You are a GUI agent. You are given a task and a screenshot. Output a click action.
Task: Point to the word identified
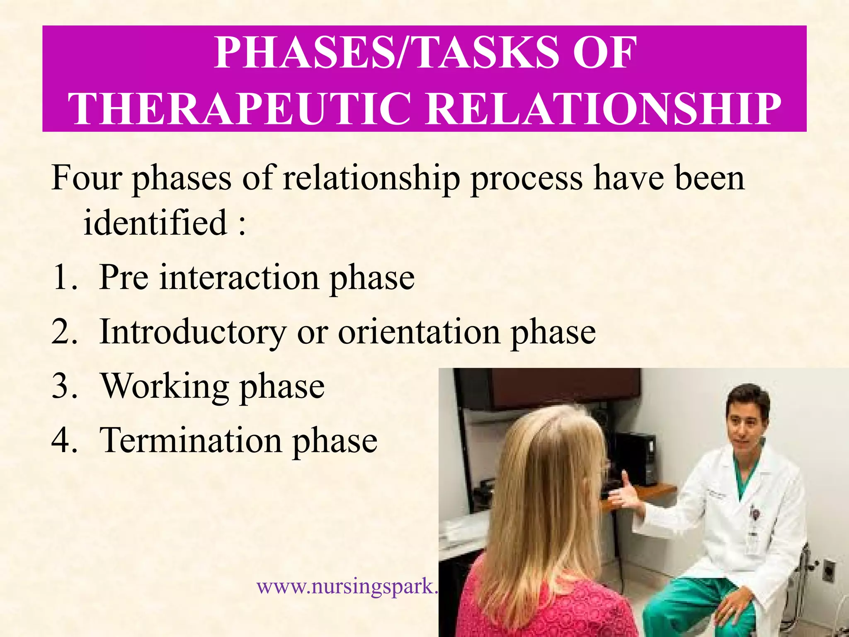click(x=155, y=222)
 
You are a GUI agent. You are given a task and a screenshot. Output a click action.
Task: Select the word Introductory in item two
click(x=193, y=333)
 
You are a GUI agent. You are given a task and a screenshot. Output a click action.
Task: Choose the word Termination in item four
click(x=191, y=440)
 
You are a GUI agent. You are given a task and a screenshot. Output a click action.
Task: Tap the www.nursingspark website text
click(x=347, y=586)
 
